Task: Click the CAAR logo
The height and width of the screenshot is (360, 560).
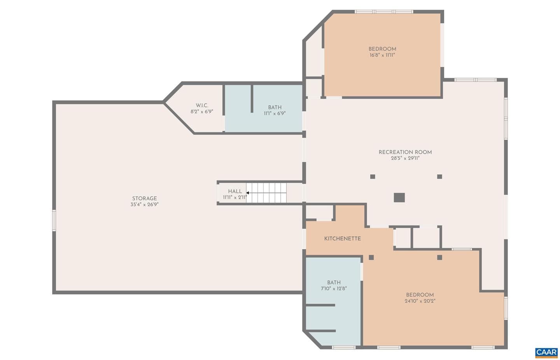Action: [x=546, y=353]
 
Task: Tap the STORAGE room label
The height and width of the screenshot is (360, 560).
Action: [x=145, y=199]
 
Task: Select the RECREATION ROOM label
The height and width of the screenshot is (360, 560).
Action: [x=405, y=152]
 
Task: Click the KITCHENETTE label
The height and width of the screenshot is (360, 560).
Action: [x=343, y=239]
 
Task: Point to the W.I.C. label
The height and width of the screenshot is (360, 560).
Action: [x=202, y=105]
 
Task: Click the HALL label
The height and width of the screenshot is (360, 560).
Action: [x=235, y=191]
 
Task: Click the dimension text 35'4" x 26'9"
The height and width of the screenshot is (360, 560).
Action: [x=145, y=204]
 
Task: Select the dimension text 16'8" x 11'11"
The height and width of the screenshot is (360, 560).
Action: [x=382, y=55]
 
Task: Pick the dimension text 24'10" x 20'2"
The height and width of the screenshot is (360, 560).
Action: [x=420, y=301]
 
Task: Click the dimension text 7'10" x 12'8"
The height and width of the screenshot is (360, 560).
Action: [x=334, y=288]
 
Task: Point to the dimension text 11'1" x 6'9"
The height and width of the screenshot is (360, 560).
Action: [x=275, y=114]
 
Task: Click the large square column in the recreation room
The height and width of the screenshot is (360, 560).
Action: [x=399, y=197]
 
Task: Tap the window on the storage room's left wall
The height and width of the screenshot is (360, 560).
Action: [x=54, y=220]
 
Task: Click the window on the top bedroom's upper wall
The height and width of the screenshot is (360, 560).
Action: [x=384, y=12]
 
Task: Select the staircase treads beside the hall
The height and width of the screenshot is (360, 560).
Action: [x=266, y=193]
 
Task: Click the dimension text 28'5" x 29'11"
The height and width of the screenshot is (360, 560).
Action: [x=405, y=158]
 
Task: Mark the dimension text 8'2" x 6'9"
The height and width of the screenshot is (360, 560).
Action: [x=202, y=112]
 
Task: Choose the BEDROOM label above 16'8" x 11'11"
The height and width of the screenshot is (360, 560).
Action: [x=382, y=49]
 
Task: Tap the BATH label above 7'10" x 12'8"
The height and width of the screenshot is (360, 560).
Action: [x=334, y=283]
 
